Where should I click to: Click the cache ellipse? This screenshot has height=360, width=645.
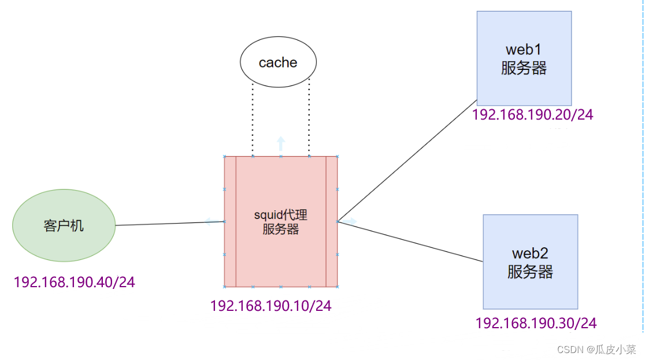click(x=278, y=62)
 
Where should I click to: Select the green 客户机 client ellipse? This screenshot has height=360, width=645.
click(x=64, y=225)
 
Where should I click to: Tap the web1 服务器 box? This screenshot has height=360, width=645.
click(x=524, y=58)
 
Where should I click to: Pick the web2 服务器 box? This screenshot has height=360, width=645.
click(x=530, y=262)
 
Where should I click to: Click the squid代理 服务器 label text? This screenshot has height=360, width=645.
click(x=281, y=222)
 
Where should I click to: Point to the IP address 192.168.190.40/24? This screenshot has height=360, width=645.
click(x=74, y=283)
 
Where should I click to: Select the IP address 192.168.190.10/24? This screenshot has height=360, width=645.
click(x=270, y=306)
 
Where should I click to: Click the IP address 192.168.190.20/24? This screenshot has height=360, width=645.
click(x=532, y=115)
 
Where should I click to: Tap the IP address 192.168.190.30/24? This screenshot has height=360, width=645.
click(x=536, y=323)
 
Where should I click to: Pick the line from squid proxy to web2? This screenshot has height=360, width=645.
click(x=410, y=241)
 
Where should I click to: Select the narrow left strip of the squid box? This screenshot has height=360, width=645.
click(x=230, y=221)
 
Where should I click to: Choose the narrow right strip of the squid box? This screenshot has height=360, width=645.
click(x=331, y=221)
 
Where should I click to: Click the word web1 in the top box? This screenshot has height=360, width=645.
click(x=524, y=49)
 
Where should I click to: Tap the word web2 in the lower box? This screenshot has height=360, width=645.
click(x=530, y=253)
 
